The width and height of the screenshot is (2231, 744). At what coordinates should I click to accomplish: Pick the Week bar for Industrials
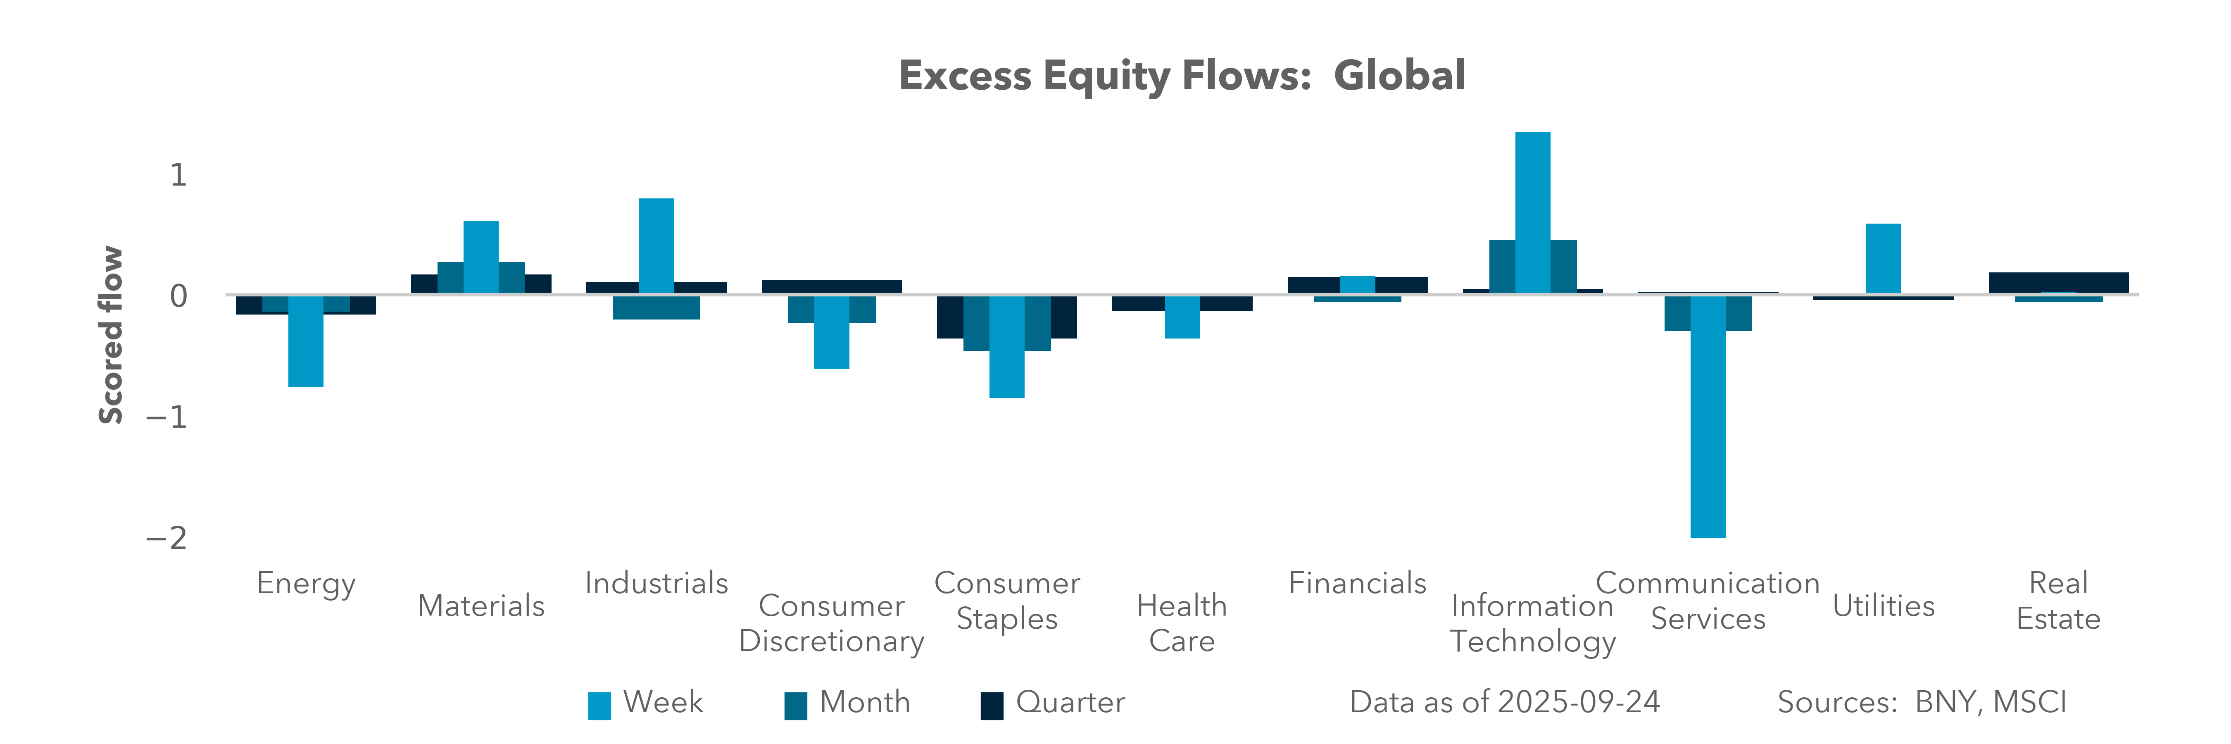(656, 246)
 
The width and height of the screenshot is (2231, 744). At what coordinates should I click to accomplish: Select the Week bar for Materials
(480, 257)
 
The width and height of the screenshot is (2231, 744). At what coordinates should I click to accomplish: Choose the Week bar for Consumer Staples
(1007, 346)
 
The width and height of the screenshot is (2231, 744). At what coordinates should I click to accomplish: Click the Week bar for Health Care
(1182, 317)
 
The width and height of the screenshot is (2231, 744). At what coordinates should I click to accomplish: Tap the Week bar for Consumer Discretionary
(831, 332)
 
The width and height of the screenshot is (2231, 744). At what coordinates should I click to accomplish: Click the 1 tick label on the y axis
(178, 175)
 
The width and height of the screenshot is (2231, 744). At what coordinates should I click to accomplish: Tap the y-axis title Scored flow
(111, 335)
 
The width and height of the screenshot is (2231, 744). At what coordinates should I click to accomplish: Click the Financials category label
(1357, 583)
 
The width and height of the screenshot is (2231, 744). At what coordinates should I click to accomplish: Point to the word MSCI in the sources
(2029, 701)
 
